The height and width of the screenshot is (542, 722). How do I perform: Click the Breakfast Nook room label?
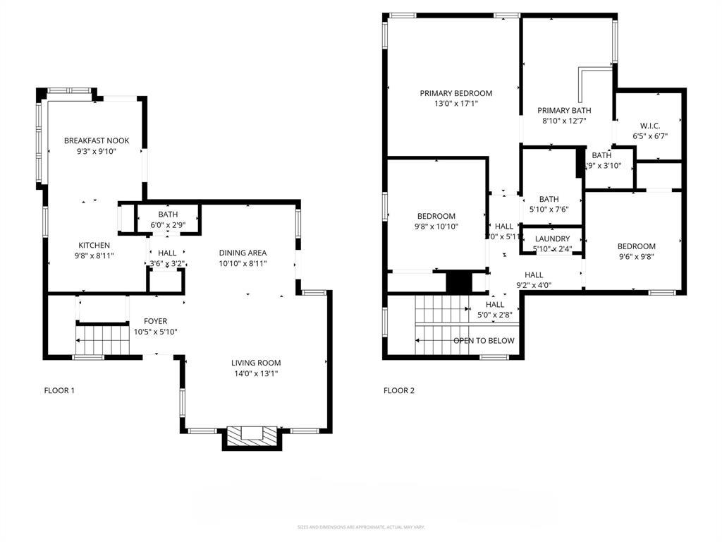(97, 140)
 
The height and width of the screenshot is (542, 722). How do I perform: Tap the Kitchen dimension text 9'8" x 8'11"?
(94, 255)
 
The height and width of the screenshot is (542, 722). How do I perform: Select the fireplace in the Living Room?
(252, 435)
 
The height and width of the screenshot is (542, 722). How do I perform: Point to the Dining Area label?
(243, 253)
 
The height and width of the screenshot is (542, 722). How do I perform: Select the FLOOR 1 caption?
(59, 390)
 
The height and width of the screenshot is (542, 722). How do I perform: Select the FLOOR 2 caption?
(399, 390)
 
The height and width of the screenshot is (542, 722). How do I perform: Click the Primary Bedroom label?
(455, 93)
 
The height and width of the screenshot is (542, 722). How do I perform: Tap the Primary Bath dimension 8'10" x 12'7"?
(563, 121)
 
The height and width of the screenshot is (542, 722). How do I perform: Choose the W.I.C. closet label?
(649, 126)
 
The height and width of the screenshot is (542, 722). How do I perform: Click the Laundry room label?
(552, 239)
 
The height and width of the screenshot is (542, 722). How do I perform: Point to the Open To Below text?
(483, 341)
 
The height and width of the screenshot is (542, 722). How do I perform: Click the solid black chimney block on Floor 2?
(458, 282)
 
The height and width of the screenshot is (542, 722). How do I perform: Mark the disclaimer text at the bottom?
(360, 527)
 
